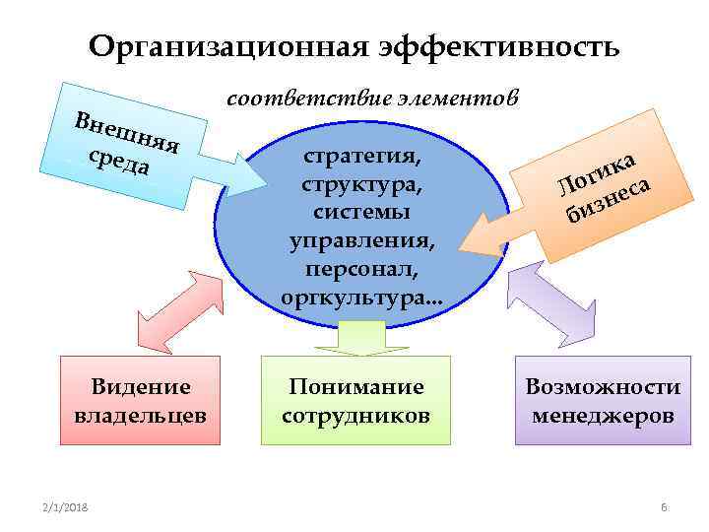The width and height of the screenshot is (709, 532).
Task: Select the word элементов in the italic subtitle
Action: (x=457, y=99)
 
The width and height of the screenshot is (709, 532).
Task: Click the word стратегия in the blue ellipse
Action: (x=361, y=158)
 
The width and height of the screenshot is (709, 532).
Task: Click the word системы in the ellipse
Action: (x=361, y=213)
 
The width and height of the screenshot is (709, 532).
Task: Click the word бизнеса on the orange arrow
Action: (x=611, y=195)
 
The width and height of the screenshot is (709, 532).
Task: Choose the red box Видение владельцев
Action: (x=140, y=400)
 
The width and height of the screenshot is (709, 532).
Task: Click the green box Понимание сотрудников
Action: (x=355, y=400)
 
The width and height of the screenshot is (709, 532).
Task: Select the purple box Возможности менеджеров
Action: (x=603, y=400)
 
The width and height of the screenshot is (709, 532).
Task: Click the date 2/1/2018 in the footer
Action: (x=66, y=506)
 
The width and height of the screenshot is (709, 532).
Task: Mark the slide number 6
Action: (x=663, y=506)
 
